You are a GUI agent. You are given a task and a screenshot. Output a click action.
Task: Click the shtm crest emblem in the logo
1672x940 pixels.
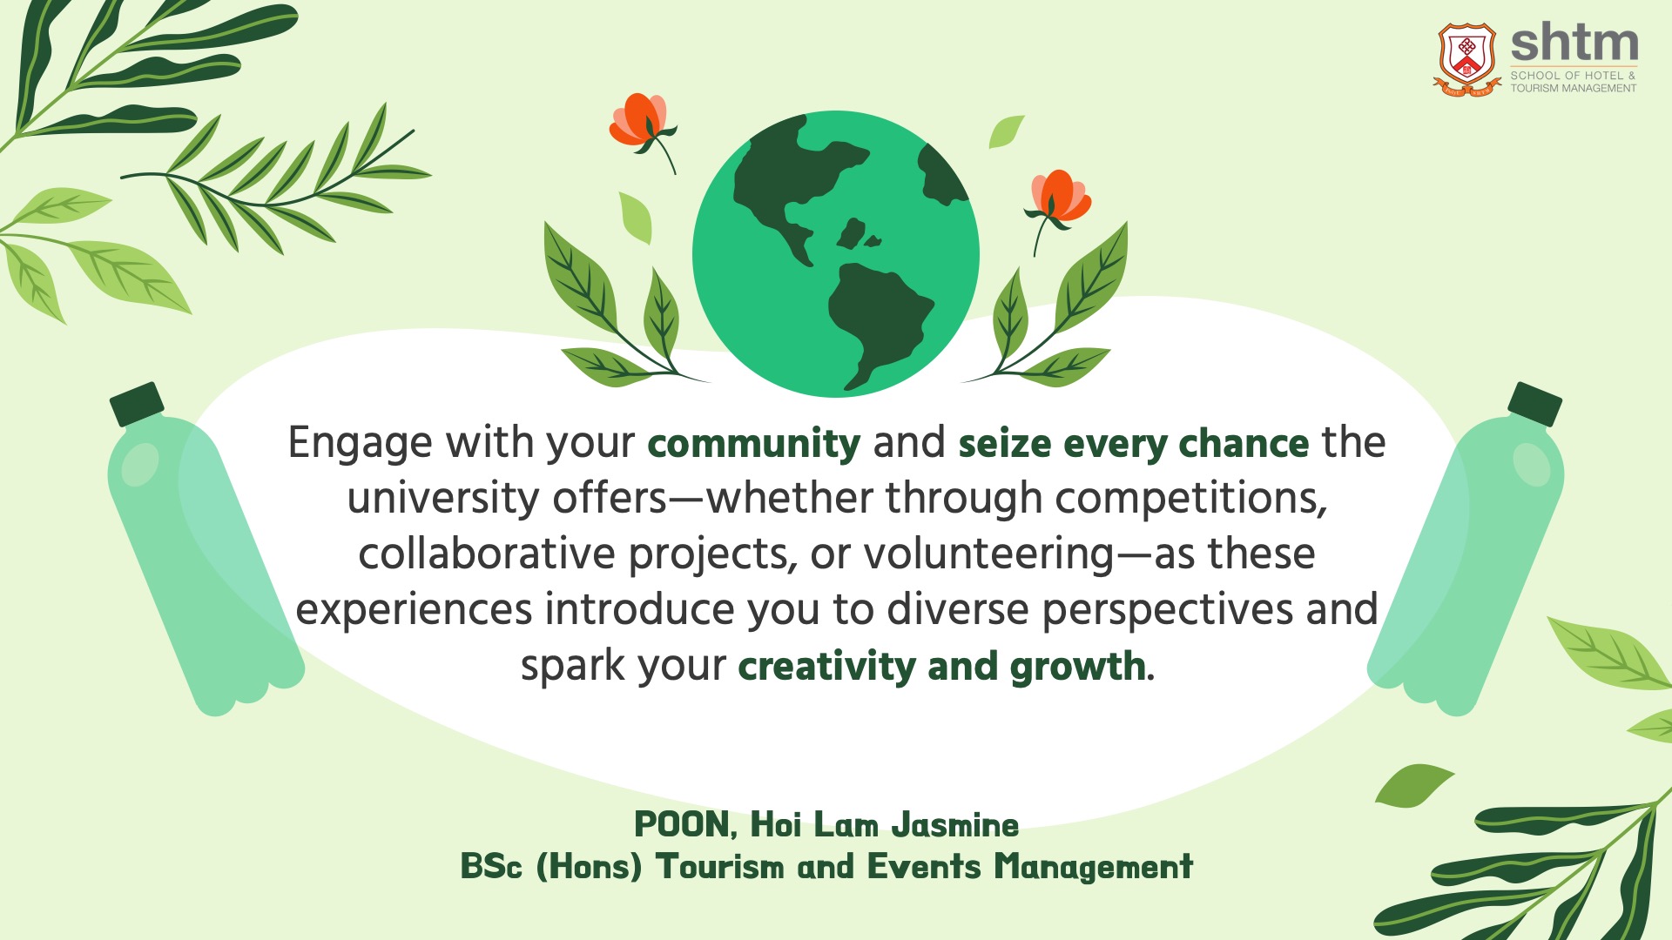point(1468,59)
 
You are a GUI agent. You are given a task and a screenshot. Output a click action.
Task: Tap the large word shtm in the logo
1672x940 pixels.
point(1574,44)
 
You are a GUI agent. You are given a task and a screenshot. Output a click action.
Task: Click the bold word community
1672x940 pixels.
point(754,444)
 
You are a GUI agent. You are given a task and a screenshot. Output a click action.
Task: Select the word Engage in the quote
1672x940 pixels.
point(361,444)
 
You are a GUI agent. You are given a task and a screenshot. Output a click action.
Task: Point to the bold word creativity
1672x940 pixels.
point(826,666)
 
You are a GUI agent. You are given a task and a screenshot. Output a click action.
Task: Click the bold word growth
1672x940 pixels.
point(1078,666)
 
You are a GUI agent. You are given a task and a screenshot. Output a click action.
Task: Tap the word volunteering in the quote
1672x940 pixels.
point(988,554)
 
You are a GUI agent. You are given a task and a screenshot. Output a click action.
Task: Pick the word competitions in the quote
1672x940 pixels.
point(1191,499)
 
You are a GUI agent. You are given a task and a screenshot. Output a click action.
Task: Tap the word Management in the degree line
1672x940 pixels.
point(1094,867)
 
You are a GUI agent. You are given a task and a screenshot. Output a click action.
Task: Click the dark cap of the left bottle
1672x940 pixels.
point(137,404)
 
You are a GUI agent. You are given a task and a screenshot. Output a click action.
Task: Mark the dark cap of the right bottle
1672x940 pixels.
point(1534,404)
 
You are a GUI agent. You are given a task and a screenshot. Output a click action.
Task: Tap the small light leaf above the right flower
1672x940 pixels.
point(1006,131)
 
